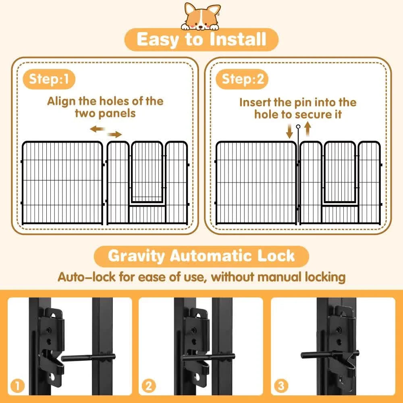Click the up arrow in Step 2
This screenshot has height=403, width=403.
(307, 131)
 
